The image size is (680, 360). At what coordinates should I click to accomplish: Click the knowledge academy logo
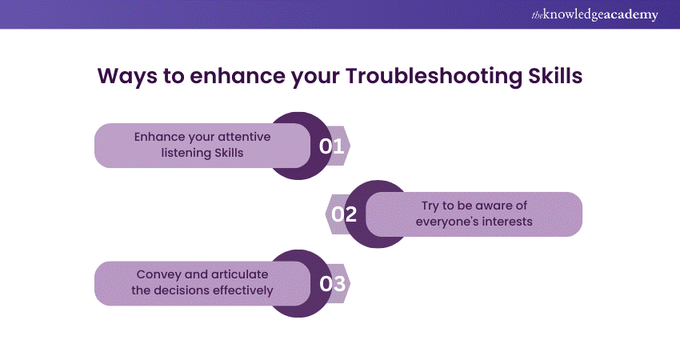(594, 14)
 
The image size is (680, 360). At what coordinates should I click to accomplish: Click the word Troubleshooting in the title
(434, 77)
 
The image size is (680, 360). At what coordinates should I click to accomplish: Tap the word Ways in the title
(127, 77)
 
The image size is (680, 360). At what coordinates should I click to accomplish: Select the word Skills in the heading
(555, 75)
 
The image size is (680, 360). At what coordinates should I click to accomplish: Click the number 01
(332, 146)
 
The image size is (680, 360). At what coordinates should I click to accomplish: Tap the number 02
(344, 214)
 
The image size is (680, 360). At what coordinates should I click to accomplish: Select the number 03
(333, 284)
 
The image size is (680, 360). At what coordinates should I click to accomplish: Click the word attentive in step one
(244, 137)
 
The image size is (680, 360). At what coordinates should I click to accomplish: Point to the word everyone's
(447, 222)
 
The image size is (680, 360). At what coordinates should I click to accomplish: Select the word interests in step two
(507, 222)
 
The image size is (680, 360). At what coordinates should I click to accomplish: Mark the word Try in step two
(430, 206)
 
